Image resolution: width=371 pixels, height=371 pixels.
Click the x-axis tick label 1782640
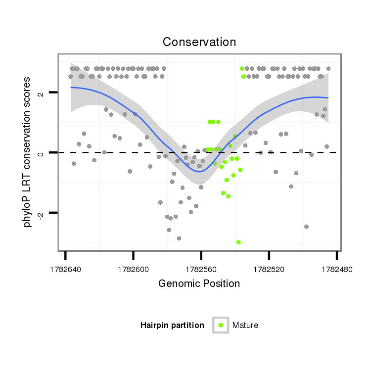click(x=65, y=269)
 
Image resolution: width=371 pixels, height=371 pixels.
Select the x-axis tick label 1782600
click(x=133, y=269)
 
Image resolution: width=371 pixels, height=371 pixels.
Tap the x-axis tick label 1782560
click(x=201, y=269)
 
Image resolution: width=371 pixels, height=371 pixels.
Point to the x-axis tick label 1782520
click(x=269, y=269)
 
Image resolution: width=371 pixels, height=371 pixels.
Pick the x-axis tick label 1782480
click(x=336, y=269)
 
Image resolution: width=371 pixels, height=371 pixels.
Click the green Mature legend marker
click(x=221, y=325)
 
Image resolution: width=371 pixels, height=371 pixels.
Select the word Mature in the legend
click(x=245, y=325)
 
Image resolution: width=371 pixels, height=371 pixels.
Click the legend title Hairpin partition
click(x=172, y=325)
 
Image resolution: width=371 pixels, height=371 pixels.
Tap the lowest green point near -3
click(x=238, y=242)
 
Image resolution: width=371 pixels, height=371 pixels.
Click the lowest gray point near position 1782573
click(x=179, y=238)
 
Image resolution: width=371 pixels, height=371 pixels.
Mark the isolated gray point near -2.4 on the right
click(x=306, y=227)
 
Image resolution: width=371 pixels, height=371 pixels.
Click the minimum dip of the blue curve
click(x=199, y=171)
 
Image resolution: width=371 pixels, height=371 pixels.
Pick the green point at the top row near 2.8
click(x=242, y=69)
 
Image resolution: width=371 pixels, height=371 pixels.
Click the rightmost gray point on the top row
click(x=328, y=69)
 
